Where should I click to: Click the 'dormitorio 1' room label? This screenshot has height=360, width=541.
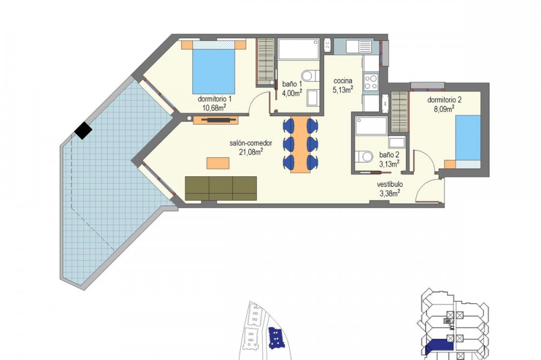(214, 99)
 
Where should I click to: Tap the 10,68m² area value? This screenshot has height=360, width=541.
(214, 108)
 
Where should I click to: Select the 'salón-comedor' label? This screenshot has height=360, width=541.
(251, 143)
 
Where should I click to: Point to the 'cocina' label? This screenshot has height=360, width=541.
(342, 81)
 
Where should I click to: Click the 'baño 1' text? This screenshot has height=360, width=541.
(292, 84)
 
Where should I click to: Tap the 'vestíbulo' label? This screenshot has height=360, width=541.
(390, 184)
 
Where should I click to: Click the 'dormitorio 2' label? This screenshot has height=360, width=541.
(444, 100)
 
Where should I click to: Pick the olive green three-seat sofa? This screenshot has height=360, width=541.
(221, 188)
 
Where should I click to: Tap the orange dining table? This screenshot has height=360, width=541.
(299, 144)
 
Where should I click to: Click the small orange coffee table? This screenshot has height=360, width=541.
(217, 163)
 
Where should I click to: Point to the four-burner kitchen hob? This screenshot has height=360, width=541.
(371, 83)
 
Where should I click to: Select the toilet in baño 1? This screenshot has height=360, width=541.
(310, 76)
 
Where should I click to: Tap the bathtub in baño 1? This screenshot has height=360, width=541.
(299, 49)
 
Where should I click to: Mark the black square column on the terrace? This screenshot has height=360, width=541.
(83, 131)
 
